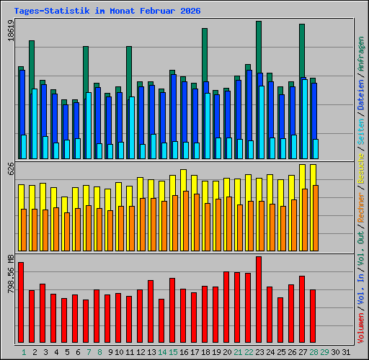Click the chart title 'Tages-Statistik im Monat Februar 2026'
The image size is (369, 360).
107,11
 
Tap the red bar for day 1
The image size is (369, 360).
21,302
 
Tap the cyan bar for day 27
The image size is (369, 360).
305,119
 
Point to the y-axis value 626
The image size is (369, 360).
10,169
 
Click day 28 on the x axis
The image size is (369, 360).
314,351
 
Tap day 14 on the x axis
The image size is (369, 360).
163,351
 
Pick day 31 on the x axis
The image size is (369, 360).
347,351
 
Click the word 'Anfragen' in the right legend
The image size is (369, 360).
360,55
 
